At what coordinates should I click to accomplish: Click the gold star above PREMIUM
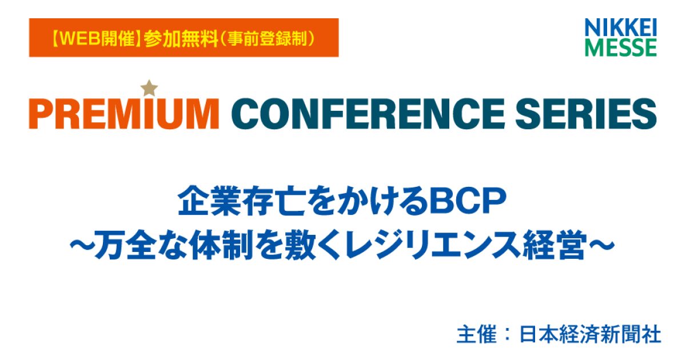(150, 88)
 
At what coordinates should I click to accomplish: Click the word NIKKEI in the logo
(621, 27)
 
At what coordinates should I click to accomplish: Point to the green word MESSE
(621, 47)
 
